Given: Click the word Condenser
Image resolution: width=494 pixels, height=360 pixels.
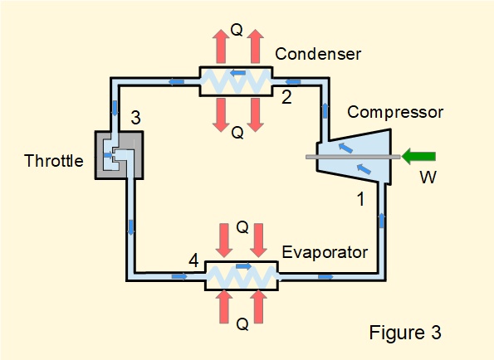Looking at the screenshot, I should [319, 55].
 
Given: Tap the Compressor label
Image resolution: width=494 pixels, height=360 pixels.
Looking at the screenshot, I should [395, 112].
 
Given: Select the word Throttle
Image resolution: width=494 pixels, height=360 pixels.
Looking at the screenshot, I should [54, 161].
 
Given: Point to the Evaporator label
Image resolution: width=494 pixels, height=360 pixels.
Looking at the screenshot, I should [324, 252].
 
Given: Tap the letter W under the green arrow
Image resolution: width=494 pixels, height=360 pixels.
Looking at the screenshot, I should [427, 177].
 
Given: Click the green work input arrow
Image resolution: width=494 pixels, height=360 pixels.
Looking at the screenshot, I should [420, 155].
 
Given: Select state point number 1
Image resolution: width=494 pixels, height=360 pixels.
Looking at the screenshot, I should [360, 199].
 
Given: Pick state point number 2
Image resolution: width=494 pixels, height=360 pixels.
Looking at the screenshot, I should [286, 97].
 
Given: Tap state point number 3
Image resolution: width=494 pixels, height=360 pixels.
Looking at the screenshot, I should [135, 119].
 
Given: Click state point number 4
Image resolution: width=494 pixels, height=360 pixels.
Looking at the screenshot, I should [193, 261].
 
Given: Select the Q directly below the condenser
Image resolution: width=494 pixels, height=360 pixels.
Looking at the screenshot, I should [237, 132].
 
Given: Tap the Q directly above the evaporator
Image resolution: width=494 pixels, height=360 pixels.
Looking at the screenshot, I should [242, 226].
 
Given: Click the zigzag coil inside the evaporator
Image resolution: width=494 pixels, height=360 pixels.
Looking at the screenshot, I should [242, 275].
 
